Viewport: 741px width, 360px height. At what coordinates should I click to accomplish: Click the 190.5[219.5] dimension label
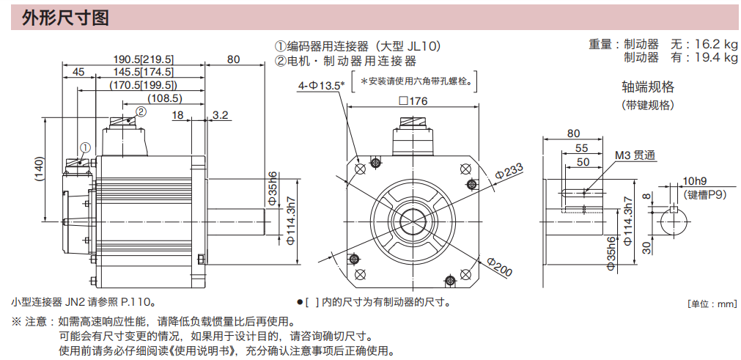pos(144,59)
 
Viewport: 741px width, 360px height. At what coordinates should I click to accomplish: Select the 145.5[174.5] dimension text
pos(144,72)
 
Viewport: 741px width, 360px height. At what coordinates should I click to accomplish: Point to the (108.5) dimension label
pos(164,98)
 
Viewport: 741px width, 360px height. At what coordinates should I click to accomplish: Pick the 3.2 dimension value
pos(221,114)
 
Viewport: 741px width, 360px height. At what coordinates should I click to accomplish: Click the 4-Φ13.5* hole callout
pos(321,86)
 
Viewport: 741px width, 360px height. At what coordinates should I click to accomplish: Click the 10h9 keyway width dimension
pos(694,181)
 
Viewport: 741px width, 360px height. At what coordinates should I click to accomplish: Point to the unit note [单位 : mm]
pos(711,304)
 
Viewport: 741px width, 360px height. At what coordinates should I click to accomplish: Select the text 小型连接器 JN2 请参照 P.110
pos(84,301)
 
